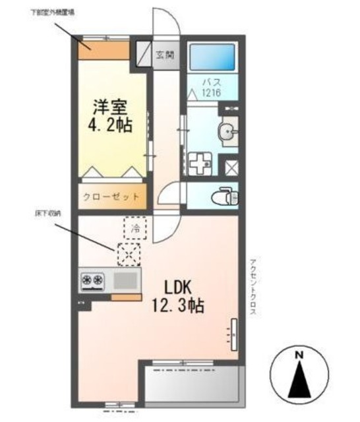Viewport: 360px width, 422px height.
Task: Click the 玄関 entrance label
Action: click(164, 55)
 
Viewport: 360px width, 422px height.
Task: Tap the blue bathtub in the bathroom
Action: click(212, 58)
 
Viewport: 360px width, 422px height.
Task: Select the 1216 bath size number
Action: click(212, 93)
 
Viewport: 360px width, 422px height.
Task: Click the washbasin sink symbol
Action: click(229, 132)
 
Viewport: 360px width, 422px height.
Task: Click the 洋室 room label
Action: click(109, 105)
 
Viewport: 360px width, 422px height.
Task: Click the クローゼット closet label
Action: click(111, 196)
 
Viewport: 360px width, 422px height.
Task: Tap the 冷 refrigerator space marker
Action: click(135, 229)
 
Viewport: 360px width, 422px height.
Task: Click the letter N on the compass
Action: click(298, 355)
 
